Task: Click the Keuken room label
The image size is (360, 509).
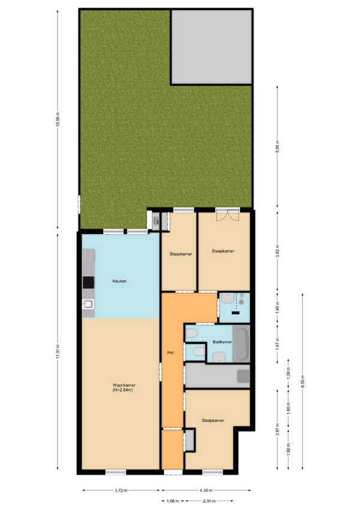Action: (x=119, y=281)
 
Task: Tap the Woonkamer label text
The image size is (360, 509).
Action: (x=124, y=385)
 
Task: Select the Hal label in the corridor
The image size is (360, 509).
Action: (x=170, y=352)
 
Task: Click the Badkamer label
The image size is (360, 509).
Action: (x=222, y=342)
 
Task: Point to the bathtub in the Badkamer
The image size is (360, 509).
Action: (x=241, y=344)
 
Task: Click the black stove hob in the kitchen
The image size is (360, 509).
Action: (x=88, y=283)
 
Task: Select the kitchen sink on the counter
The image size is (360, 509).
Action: (x=88, y=304)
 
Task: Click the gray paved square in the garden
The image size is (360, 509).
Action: (x=211, y=47)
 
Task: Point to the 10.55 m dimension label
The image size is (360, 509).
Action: (x=58, y=119)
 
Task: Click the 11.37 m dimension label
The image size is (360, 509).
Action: (x=58, y=351)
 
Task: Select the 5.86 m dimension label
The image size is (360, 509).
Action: (x=278, y=146)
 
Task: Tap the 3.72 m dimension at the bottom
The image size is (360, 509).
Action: (x=121, y=490)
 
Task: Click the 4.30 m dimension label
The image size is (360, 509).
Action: (x=206, y=490)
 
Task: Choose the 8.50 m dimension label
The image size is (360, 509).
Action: (x=302, y=381)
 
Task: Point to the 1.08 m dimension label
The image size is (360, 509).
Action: (x=173, y=501)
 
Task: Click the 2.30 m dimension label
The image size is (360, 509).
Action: (x=209, y=501)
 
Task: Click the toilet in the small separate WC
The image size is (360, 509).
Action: (x=199, y=352)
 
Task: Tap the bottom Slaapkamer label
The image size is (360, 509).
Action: (x=213, y=420)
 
